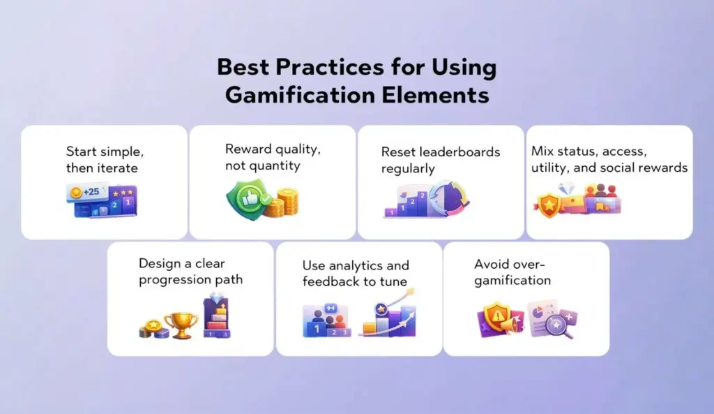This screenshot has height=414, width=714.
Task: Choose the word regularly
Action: tap(408, 169)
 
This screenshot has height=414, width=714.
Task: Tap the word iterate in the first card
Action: tap(119, 168)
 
